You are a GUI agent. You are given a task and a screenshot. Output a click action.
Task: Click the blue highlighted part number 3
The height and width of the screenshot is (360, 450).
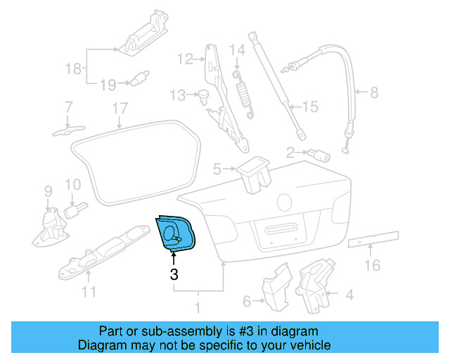click(174, 231)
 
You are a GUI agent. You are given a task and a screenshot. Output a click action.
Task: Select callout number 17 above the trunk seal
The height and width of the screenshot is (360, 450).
click(120, 108)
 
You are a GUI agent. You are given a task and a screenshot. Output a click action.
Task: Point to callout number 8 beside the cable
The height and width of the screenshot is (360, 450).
click(373, 92)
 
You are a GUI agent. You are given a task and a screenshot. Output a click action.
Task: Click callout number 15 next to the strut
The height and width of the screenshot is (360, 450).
click(310, 107)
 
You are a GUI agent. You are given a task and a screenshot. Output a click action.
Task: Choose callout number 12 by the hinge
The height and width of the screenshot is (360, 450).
click(184, 59)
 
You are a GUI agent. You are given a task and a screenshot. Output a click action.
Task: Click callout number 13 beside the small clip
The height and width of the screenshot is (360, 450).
click(176, 94)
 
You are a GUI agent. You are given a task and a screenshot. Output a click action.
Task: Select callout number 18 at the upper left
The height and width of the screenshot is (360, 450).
click(73, 69)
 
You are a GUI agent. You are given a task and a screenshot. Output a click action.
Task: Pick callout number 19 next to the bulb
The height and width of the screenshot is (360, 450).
click(107, 85)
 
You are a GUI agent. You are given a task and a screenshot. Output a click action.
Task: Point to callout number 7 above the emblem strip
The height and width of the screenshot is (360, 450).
click(68, 108)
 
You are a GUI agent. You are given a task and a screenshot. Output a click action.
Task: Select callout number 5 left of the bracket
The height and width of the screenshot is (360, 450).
click(217, 168)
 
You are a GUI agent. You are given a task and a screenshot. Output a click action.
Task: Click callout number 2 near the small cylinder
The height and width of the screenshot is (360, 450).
click(290, 151)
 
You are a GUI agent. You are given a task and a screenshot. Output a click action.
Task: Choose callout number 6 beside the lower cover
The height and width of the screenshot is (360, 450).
click(247, 302)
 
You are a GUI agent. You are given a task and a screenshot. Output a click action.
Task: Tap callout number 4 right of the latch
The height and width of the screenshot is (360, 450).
click(349, 295)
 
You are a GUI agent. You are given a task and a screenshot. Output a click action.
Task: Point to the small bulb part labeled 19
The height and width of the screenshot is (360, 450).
click(140, 76)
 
